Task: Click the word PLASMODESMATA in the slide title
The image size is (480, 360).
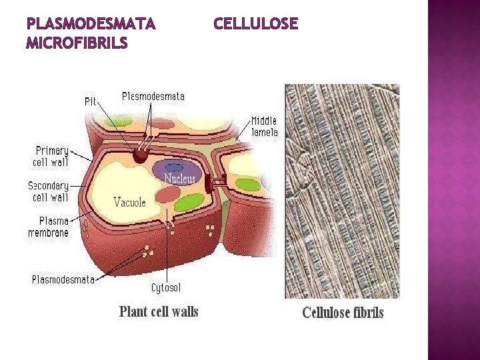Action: [91, 25]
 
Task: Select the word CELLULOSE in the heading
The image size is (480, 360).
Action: [255, 25]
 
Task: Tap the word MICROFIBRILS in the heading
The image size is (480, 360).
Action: [77, 44]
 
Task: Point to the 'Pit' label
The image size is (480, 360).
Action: [91, 101]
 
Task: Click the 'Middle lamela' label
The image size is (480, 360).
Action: [264, 126]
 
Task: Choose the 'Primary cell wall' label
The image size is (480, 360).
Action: [51, 156]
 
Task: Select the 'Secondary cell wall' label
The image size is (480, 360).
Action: [49, 191]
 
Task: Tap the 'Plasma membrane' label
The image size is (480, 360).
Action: [48, 227]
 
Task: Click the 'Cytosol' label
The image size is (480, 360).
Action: [166, 287]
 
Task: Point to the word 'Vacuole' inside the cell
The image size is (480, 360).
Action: [129, 201]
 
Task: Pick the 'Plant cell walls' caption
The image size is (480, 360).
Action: [159, 311]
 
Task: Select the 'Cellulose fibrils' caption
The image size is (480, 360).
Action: [343, 312]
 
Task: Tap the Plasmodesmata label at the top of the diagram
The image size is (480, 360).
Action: [153, 96]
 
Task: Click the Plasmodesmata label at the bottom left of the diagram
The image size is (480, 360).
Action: [63, 279]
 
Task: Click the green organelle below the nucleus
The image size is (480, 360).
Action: [189, 202]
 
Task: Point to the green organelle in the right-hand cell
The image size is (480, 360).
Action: [248, 184]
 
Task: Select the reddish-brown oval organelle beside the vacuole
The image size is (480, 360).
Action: [169, 194]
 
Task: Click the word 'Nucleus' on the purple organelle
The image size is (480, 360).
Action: [181, 179]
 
